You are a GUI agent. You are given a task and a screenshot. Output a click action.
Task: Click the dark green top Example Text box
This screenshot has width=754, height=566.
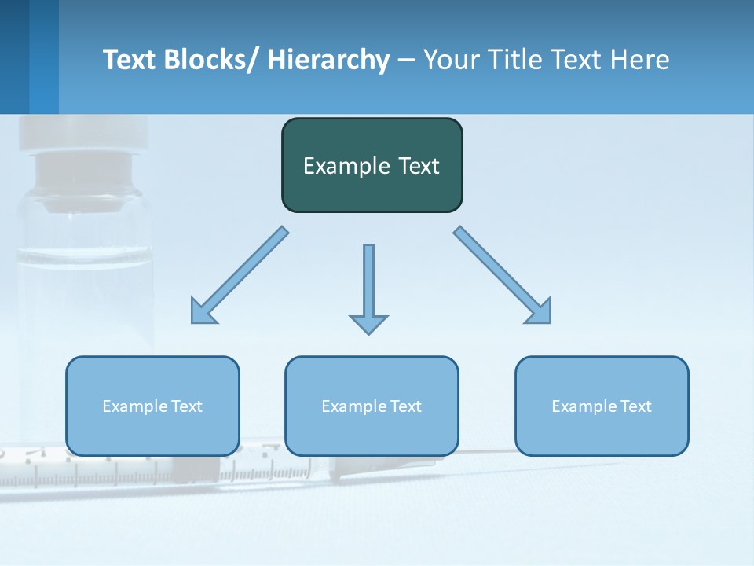pyautogui.click(x=372, y=165)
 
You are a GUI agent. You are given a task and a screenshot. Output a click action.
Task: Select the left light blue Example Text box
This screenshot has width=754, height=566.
pyautogui.click(x=152, y=406)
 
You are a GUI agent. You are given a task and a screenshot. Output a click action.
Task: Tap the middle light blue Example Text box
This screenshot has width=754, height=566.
pyautogui.click(x=372, y=406)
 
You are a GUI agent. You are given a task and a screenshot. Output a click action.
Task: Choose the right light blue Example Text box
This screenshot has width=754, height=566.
pyautogui.click(x=602, y=406)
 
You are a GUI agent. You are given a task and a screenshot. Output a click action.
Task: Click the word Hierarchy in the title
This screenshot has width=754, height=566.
pyautogui.click(x=328, y=60)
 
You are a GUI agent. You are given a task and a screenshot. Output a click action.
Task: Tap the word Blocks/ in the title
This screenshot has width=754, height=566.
pyautogui.click(x=212, y=60)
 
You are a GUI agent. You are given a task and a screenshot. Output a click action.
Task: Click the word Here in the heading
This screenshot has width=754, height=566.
pyautogui.click(x=640, y=60)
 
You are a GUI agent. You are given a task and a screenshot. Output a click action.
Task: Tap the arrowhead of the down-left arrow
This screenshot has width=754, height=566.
pyautogui.click(x=202, y=311)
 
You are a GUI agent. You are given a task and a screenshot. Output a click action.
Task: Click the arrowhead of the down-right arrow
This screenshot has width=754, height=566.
pyautogui.click(x=540, y=311)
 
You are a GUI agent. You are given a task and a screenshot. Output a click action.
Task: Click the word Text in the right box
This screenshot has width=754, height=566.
pyautogui.click(x=635, y=406)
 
